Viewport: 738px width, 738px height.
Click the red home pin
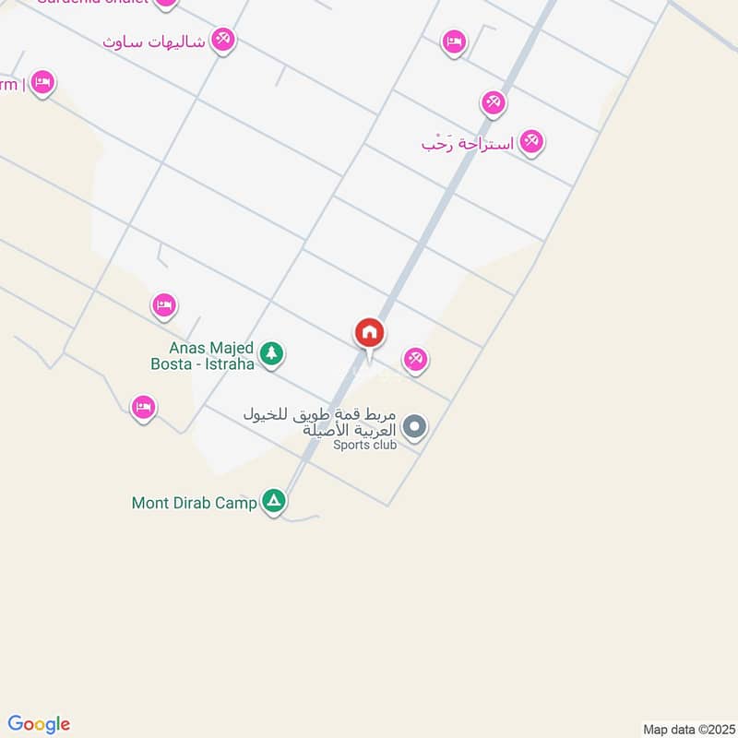coord(370,333)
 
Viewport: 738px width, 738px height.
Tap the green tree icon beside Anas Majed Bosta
coord(270,353)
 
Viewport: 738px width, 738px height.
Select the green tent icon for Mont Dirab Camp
coord(273,502)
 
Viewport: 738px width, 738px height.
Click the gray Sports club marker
coord(415,427)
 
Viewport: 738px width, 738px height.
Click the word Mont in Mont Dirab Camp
coord(150,503)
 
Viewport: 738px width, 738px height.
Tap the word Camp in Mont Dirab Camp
coord(236,503)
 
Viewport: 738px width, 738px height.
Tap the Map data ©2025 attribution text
coord(687,729)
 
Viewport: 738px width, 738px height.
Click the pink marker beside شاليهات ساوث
coord(223,40)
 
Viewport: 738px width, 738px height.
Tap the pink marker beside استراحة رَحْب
coord(530,141)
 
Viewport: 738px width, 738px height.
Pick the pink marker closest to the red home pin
coord(415,359)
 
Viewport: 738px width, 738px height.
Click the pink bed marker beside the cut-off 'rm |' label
coord(42,83)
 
